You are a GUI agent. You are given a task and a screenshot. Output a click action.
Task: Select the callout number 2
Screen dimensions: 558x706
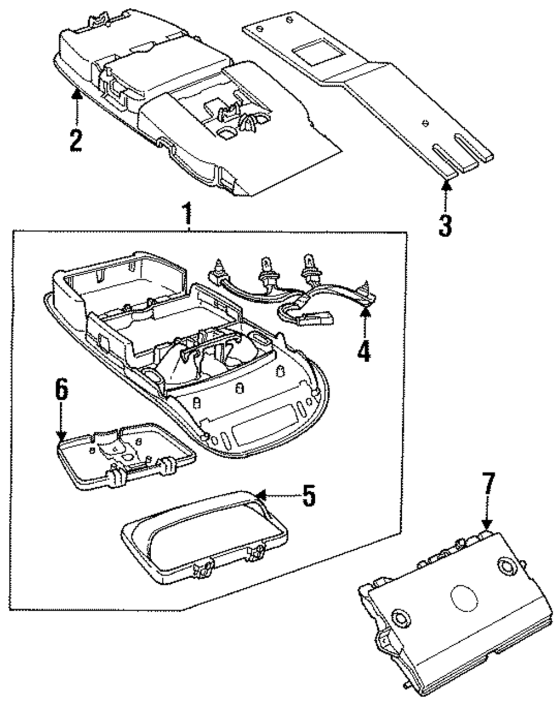click(76, 141)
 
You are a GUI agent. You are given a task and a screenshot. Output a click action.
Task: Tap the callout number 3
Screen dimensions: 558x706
click(445, 225)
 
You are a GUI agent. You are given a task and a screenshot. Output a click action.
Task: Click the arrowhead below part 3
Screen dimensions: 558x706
click(445, 185)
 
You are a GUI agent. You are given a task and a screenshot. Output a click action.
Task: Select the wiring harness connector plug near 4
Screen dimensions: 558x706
click(316, 318)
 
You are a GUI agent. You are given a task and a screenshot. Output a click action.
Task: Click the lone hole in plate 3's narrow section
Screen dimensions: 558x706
click(425, 123)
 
